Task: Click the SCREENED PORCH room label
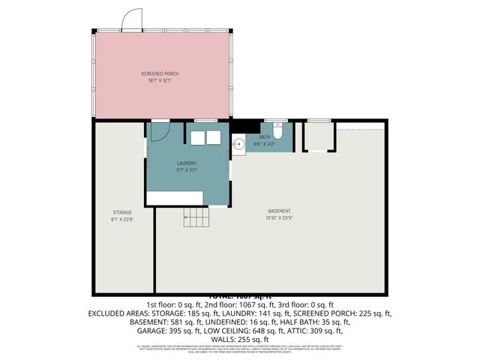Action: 160,73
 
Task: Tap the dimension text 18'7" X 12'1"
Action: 160,79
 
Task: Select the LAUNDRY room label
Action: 187,163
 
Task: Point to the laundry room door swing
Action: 159,132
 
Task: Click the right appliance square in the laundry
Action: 213,138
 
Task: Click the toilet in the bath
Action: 277,131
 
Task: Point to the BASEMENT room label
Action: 280,211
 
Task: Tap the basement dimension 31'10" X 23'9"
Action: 280,217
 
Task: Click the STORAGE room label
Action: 122,213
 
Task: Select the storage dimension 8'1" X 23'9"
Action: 122,219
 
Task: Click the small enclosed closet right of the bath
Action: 318,137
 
